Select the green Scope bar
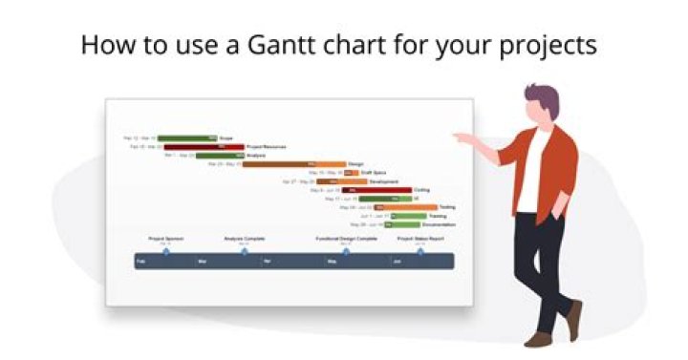coord(187,138)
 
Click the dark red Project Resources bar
coord(204,146)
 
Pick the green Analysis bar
coord(220,155)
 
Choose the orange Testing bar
coord(405,207)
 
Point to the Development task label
coord(384,181)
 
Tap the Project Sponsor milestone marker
coord(165,250)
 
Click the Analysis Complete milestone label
coord(244,239)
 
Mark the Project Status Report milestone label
coord(420,239)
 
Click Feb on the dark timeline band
coord(141,261)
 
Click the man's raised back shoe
coord(573,320)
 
